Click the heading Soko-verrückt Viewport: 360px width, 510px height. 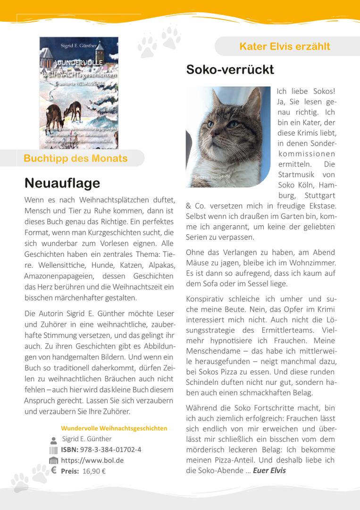point(230,70)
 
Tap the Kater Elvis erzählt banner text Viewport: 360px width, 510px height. point(285,46)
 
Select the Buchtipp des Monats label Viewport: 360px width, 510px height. point(75,158)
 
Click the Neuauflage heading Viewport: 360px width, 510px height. point(62,183)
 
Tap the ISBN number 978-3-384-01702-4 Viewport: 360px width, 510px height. point(110,449)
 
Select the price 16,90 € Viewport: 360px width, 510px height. point(93,471)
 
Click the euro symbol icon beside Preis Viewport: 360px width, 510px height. point(53,470)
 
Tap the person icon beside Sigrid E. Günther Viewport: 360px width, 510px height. point(53,439)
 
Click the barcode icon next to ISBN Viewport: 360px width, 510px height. point(53,450)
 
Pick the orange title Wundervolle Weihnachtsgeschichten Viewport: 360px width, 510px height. point(114,428)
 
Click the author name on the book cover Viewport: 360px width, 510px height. point(78,45)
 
